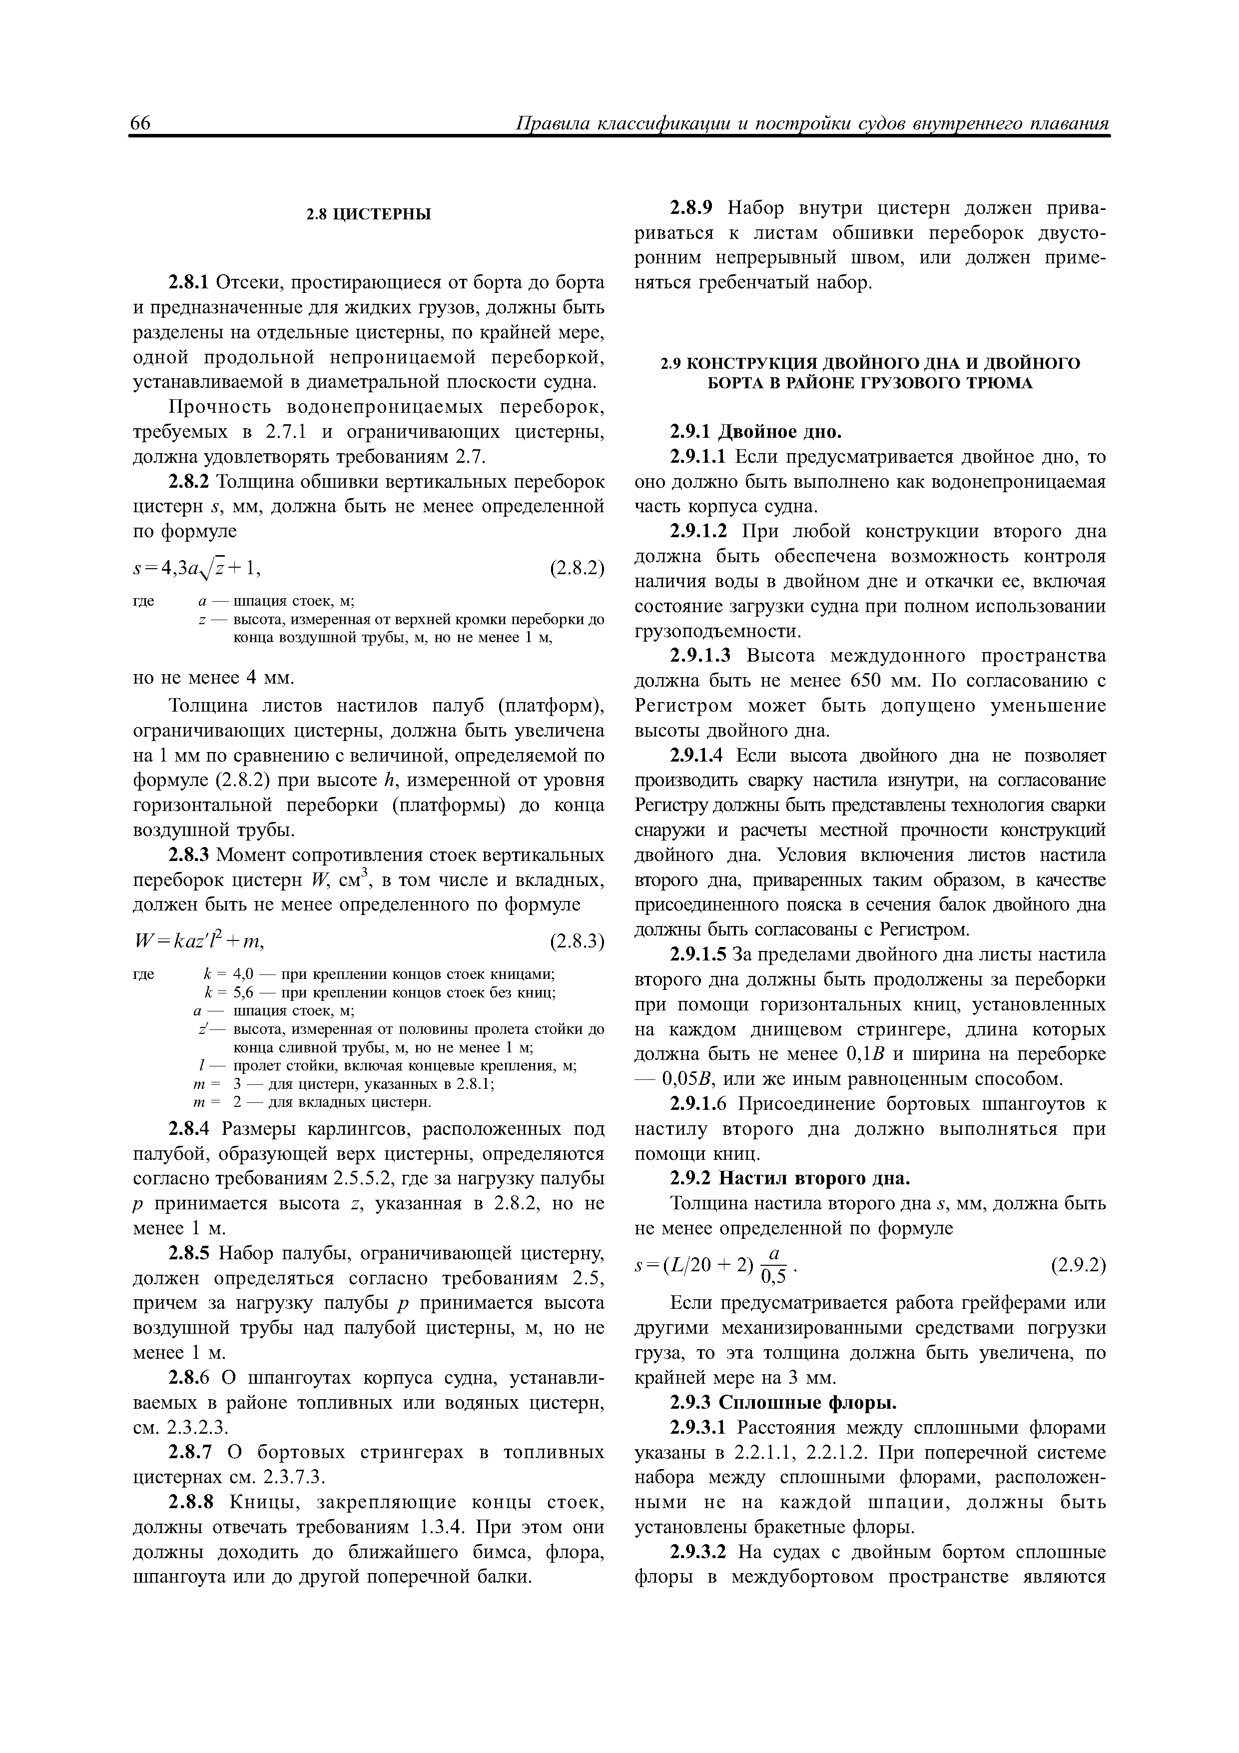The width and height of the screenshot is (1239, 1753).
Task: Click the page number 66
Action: tap(142, 124)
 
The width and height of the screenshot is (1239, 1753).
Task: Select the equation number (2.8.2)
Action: tap(577, 568)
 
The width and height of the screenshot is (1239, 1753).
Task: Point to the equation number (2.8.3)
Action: tap(577, 941)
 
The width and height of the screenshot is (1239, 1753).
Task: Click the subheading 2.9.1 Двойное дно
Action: tap(755, 432)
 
